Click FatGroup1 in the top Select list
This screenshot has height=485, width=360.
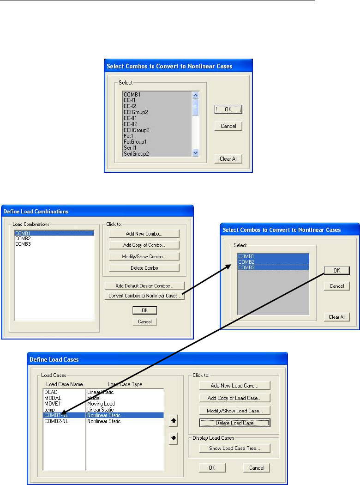134,142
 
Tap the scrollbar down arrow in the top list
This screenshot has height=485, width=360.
195,153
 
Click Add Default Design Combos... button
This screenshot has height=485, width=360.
144,286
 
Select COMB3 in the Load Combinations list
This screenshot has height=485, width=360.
23,244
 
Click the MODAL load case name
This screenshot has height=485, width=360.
53,398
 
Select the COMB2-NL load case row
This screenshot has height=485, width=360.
56,421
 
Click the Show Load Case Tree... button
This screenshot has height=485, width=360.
234,448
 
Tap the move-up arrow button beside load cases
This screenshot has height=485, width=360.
174,421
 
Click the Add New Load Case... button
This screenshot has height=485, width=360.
234,385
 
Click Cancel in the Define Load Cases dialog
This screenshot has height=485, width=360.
256,468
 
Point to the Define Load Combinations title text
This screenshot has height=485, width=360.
36,212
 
